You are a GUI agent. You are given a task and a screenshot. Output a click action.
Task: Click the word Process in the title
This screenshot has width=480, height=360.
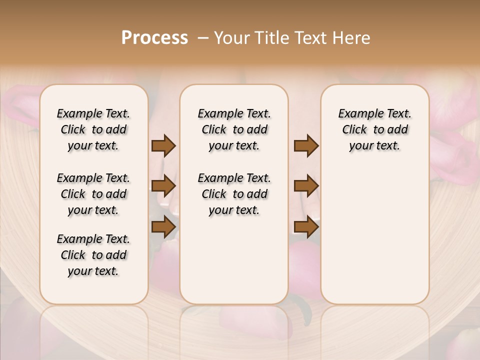[154, 38]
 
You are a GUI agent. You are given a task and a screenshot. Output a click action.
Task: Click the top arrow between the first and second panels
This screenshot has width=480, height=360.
[163, 145]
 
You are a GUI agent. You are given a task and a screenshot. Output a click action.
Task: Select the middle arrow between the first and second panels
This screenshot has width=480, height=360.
[163, 186]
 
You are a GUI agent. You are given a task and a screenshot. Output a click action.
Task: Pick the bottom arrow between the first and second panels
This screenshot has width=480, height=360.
[163, 226]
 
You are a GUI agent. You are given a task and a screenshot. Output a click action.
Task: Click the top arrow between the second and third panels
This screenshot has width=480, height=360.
[306, 145]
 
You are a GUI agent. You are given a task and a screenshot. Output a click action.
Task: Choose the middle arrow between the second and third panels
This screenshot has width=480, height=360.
[306, 186]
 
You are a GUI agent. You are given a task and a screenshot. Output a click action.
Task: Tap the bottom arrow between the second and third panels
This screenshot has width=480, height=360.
[306, 226]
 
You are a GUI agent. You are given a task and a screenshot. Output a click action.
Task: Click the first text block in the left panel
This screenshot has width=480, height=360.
[93, 129]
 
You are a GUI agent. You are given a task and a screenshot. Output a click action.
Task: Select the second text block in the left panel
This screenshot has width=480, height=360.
[93, 194]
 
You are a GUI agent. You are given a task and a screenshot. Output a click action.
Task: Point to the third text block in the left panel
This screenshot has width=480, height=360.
[93, 255]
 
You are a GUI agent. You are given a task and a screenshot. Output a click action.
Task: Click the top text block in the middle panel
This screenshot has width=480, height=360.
[234, 129]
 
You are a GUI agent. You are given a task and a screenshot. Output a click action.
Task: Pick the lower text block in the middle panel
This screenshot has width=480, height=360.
[234, 194]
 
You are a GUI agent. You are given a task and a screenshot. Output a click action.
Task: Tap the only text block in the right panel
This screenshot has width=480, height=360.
[374, 129]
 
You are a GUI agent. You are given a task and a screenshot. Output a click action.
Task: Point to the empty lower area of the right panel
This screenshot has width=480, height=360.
[374, 235]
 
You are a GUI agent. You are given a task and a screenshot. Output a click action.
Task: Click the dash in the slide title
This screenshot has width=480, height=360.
[203, 38]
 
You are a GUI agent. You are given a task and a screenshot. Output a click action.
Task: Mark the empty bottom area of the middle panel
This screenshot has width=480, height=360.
[234, 265]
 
